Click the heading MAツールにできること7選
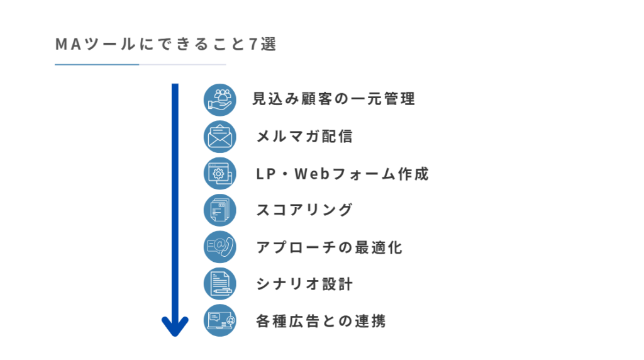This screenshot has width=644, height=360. click(x=165, y=44)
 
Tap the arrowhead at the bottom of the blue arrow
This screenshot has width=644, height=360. click(x=175, y=326)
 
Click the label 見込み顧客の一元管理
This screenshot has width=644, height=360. click(x=333, y=99)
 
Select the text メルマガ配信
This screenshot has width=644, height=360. click(x=304, y=137)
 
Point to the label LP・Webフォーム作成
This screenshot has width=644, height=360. click(x=343, y=174)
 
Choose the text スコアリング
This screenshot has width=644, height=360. click(x=304, y=210)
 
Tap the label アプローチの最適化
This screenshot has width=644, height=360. click(x=330, y=247)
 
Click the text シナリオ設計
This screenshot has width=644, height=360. click(x=304, y=284)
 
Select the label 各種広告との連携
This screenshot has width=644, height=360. click(x=321, y=321)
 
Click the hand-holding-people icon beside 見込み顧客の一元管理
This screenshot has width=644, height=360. click(x=219, y=100)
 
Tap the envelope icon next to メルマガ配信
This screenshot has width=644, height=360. click(x=219, y=137)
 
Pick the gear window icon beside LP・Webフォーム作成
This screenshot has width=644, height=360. click(x=219, y=174)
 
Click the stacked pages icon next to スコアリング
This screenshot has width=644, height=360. click(x=219, y=210)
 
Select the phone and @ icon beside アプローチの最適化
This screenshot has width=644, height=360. click(x=219, y=247)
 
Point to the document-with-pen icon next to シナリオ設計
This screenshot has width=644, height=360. click(x=219, y=284)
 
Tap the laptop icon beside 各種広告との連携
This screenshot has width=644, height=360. click(x=219, y=320)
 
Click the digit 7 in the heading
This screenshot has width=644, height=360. click(x=253, y=45)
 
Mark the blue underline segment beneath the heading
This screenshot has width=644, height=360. click(x=97, y=65)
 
